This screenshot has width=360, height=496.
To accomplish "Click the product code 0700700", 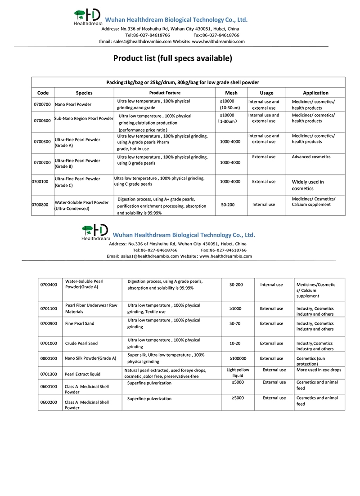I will (x=43, y=105).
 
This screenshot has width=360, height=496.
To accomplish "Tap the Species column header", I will (x=84, y=93).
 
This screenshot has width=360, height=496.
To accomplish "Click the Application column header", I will (x=315, y=93).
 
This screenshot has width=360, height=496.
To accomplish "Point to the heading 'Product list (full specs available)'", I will (x=173, y=58).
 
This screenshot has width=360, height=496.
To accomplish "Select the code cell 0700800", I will (x=40, y=205).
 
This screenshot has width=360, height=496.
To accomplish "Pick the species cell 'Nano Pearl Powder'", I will (x=73, y=105).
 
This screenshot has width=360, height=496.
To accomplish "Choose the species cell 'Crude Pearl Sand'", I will (x=81, y=344).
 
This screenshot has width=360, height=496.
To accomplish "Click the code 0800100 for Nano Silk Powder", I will (x=49, y=358).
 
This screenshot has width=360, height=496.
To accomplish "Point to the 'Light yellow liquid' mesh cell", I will (x=238, y=373).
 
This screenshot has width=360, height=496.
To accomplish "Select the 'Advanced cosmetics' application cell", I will (x=311, y=157).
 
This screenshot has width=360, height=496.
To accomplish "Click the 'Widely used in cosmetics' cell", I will (x=308, y=185).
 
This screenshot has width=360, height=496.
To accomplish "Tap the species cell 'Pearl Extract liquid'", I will (x=83, y=374).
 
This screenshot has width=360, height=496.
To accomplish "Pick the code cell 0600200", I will (x=49, y=402).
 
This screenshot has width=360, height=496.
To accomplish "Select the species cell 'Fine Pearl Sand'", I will (x=80, y=324).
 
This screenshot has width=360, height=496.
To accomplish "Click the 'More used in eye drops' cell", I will (x=319, y=370).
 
